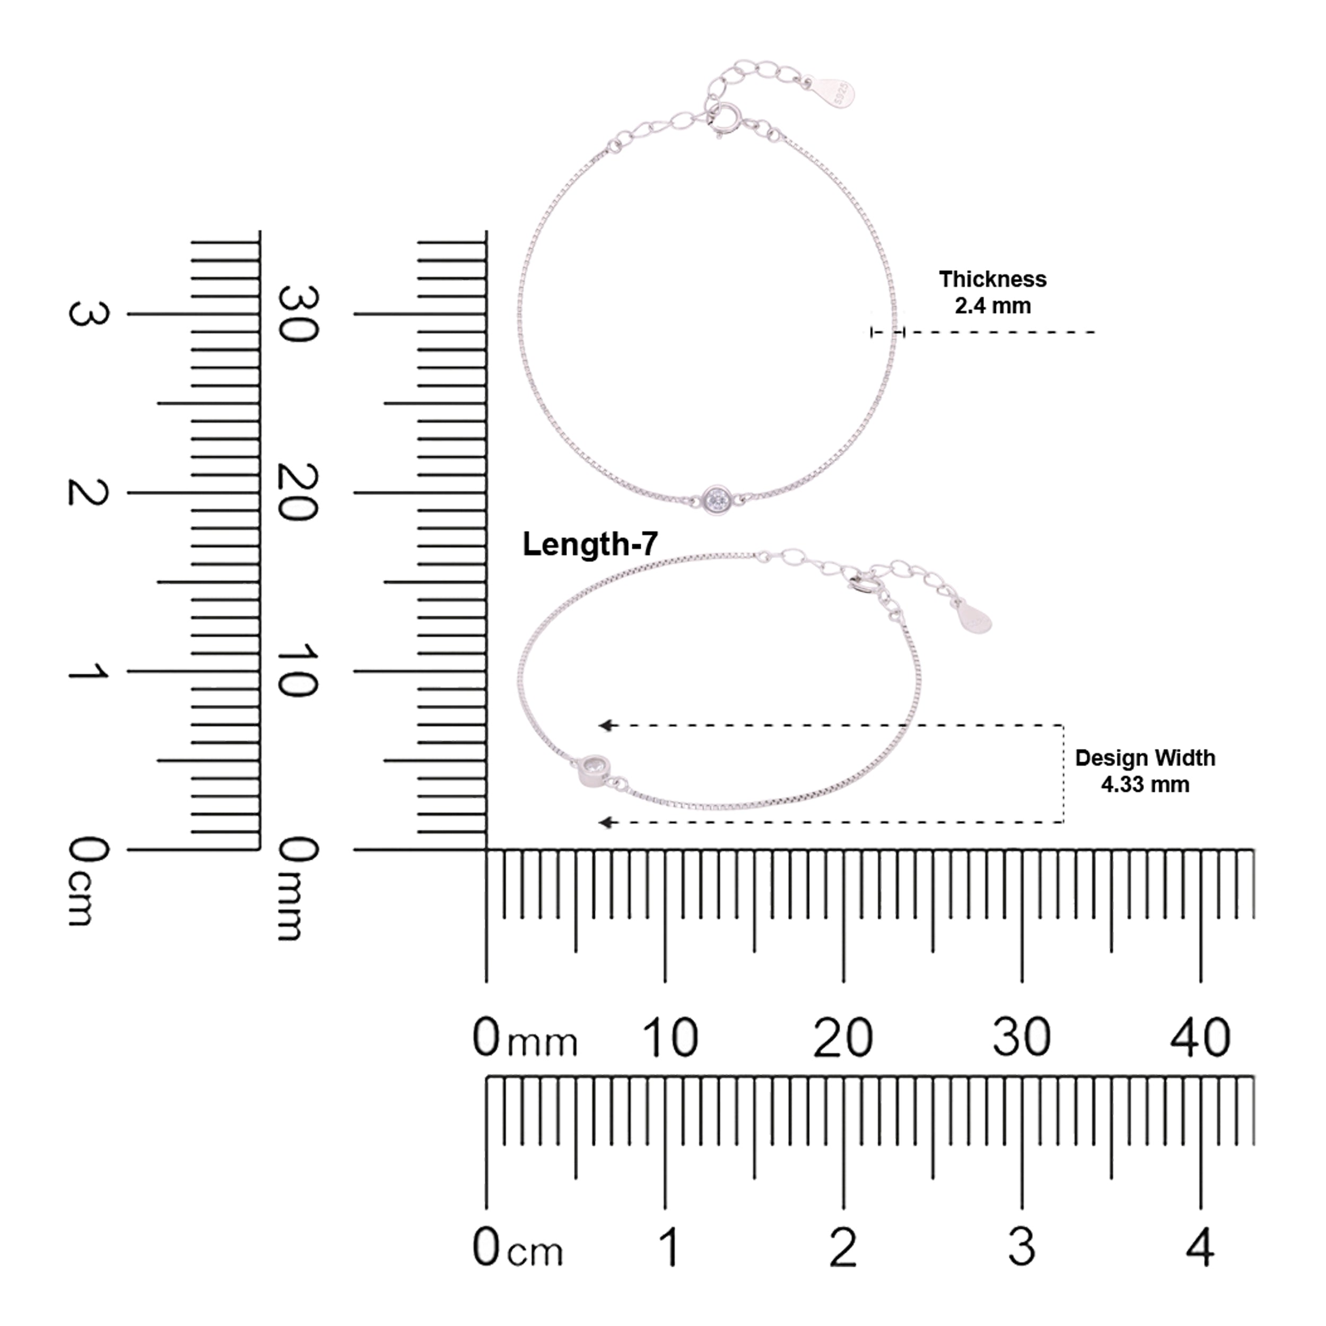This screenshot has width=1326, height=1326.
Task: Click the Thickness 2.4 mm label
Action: coord(992,292)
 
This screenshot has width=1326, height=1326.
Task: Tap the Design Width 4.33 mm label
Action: coord(1145,771)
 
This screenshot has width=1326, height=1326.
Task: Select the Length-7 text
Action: coord(590,544)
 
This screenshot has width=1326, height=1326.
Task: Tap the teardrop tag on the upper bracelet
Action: coord(836,92)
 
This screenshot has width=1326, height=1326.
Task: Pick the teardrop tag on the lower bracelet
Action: coord(974,616)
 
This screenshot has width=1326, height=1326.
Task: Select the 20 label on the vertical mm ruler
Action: coord(298,492)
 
